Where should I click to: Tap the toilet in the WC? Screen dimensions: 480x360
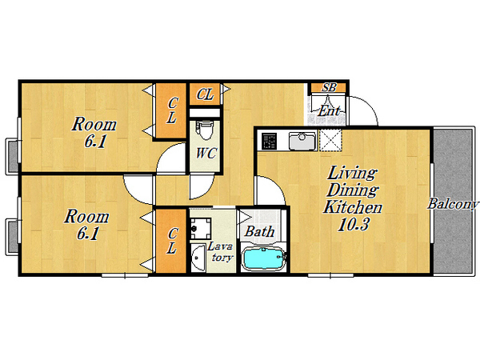tap(205, 130)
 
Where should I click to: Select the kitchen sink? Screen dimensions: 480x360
tap(302, 141)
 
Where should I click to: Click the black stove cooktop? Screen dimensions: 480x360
tap(270, 141)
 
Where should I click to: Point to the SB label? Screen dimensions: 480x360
tap(329, 87)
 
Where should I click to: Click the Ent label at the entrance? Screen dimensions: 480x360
tap(329, 110)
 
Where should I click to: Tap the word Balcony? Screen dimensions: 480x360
tap(453, 204)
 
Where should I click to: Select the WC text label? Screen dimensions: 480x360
tap(206, 153)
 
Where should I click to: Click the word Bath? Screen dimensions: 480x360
tap(259, 231)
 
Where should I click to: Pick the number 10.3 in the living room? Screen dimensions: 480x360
tap(354, 224)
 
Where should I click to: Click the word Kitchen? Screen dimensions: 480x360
tap(353, 207)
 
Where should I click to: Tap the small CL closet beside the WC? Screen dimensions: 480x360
tap(205, 94)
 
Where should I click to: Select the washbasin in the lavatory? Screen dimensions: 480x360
tap(198, 258)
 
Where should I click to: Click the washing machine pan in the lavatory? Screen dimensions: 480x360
tap(201, 228)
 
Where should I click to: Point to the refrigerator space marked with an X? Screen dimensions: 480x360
tap(330, 141)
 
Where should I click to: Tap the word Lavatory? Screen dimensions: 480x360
tap(221, 252)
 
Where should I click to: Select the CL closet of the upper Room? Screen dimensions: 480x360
tap(171, 110)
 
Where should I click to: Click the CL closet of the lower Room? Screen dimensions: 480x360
tap(171, 241)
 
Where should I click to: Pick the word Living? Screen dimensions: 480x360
tap(352, 174)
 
